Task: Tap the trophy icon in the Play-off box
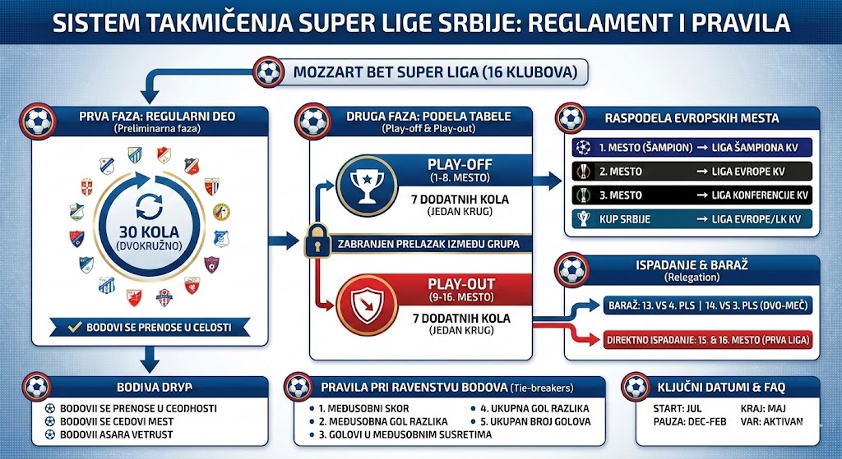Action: click(363, 186)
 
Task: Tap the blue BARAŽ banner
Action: click(708, 305)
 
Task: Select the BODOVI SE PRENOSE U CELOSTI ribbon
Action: click(146, 327)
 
